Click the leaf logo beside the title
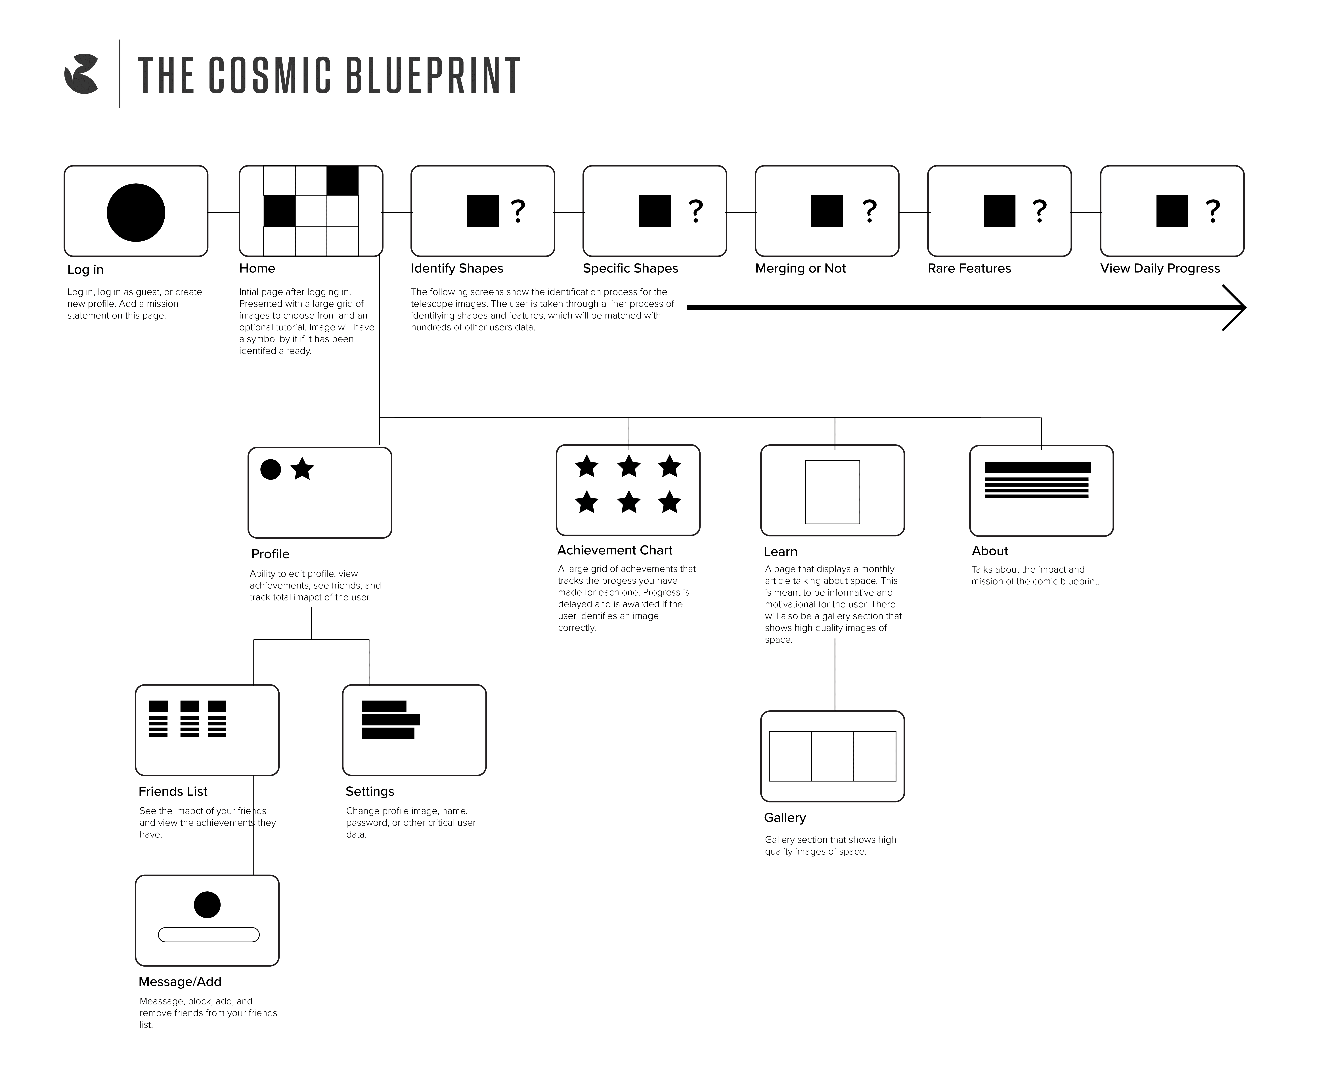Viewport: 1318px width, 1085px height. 81,74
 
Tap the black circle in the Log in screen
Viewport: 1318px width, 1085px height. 136,213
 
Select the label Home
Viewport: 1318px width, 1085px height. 257,268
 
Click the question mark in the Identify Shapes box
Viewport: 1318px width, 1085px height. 517,211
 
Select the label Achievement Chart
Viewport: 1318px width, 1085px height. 614,550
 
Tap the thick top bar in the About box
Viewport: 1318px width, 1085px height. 1037,468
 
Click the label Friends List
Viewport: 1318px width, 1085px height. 173,791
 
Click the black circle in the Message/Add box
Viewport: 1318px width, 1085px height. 207,904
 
